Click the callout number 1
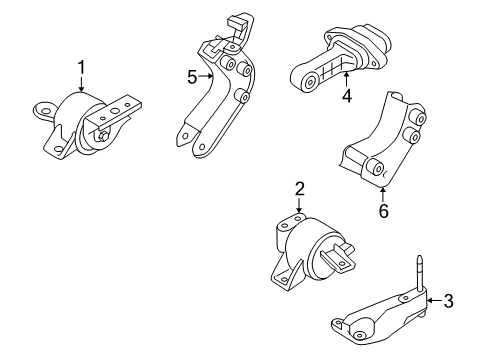(x=81, y=68)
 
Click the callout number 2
(x=298, y=187)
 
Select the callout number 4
(x=346, y=97)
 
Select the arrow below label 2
(x=298, y=204)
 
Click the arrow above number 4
(x=346, y=80)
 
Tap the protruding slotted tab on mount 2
(x=343, y=257)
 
